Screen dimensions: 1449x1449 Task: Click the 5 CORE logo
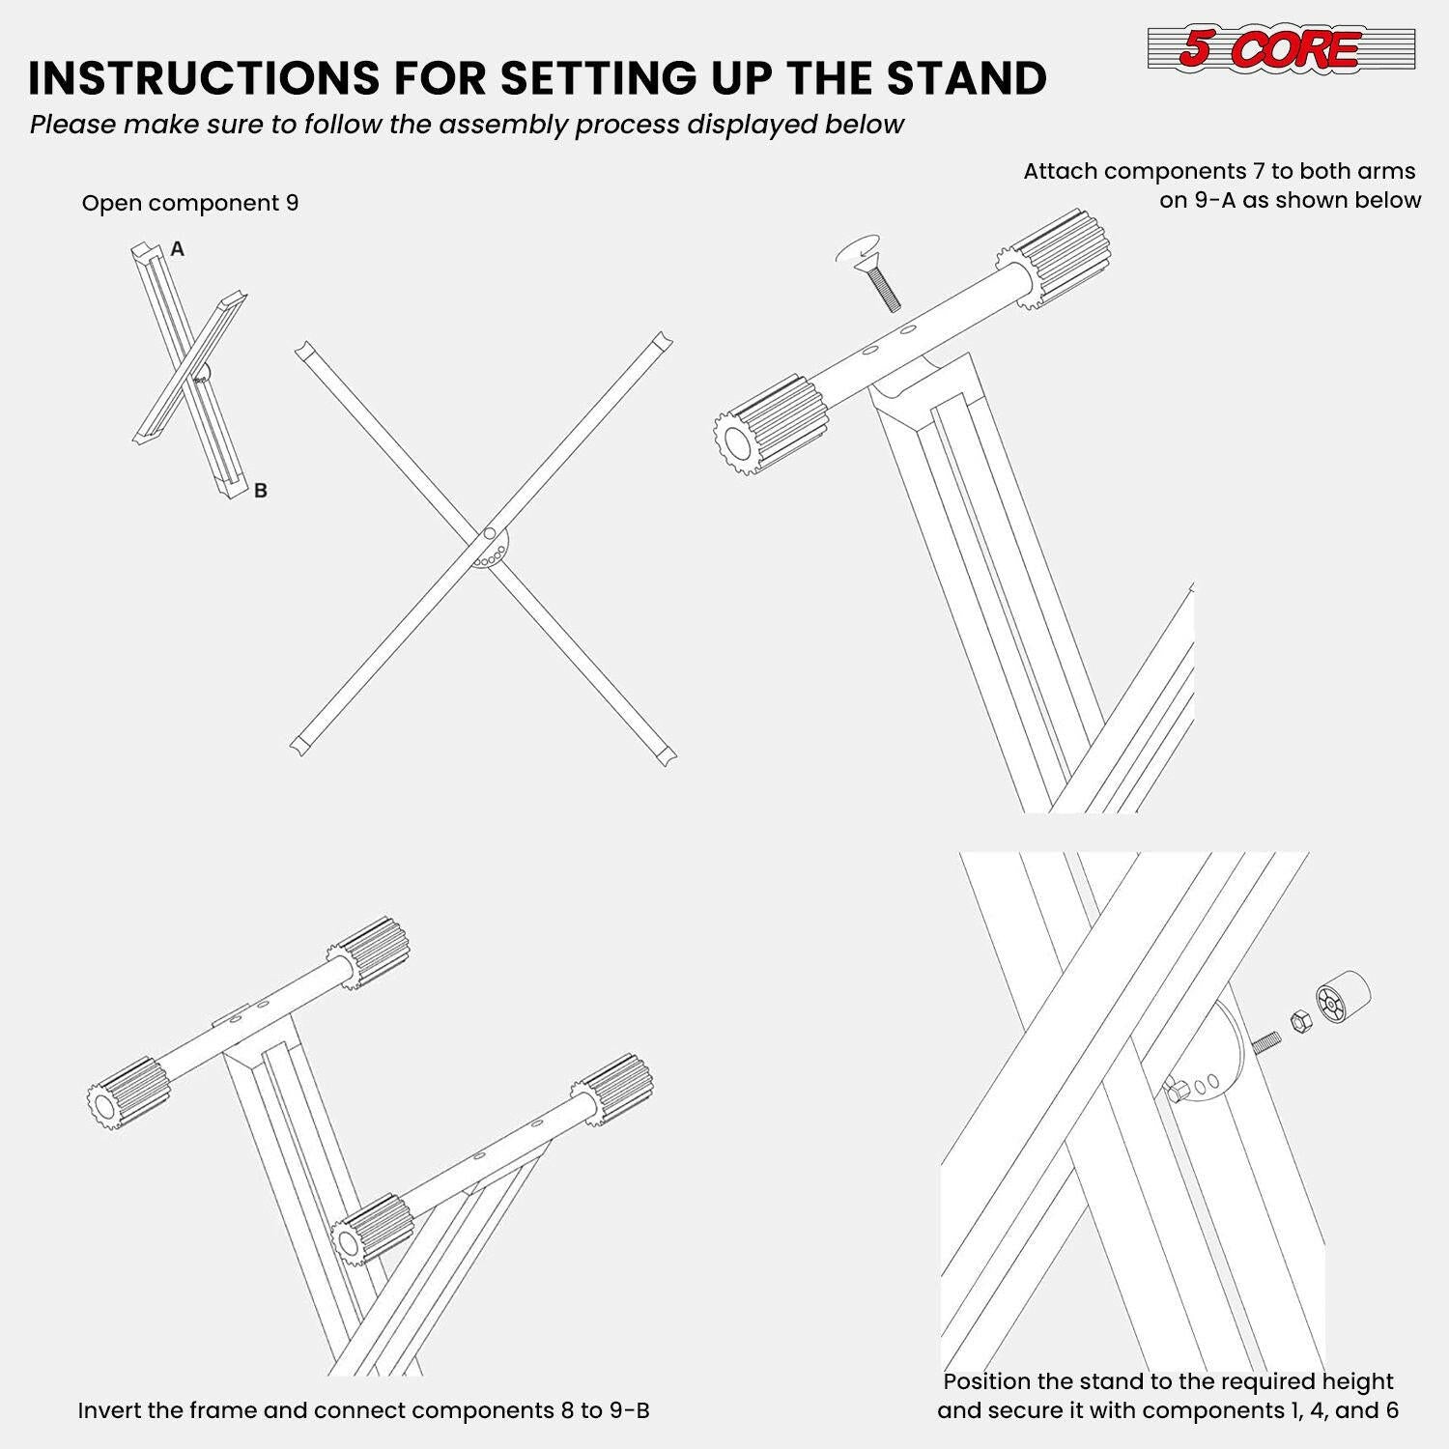1280,48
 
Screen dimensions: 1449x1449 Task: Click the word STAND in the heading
966,78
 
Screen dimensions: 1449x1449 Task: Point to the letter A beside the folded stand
177,249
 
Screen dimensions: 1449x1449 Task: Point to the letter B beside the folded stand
260,491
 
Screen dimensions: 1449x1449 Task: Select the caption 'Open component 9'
190,203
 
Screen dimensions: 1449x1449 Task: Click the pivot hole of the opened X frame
490,533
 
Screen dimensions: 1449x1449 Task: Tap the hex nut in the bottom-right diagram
1299,1019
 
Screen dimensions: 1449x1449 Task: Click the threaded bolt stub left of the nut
1266,1042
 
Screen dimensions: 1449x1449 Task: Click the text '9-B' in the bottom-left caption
628,1410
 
